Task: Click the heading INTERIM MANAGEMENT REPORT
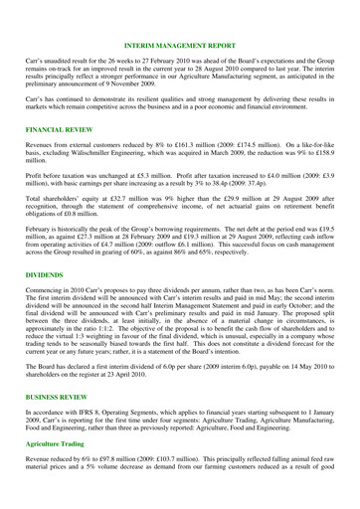180,18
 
